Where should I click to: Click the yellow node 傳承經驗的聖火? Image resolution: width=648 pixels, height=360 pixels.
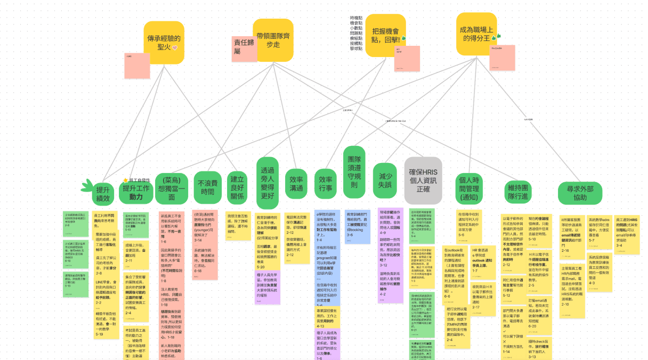coord(164,42)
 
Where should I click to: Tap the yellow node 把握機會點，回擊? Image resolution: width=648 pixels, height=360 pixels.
coord(385,35)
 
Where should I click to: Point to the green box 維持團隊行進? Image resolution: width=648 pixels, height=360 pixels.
coord(519,191)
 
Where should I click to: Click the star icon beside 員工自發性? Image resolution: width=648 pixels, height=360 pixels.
coord(126,181)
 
